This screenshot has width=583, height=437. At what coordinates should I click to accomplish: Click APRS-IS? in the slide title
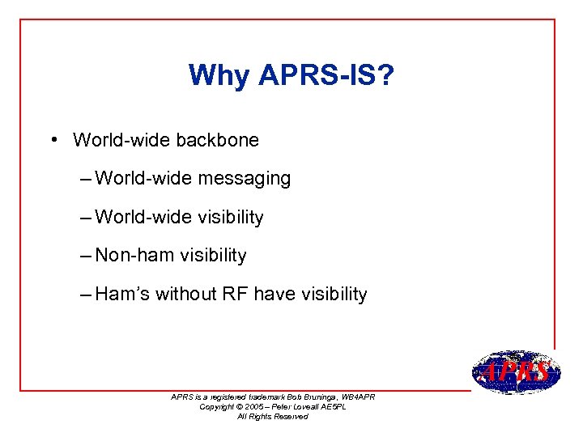click(x=326, y=75)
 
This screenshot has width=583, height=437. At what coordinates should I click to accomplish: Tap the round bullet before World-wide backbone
click(x=51, y=139)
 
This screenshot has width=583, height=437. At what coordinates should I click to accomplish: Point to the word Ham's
click(x=122, y=295)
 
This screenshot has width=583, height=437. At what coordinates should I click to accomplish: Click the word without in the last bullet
click(x=185, y=295)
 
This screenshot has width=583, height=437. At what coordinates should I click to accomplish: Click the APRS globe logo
click(x=516, y=373)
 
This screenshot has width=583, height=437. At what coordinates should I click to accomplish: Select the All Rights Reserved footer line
click(x=272, y=417)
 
